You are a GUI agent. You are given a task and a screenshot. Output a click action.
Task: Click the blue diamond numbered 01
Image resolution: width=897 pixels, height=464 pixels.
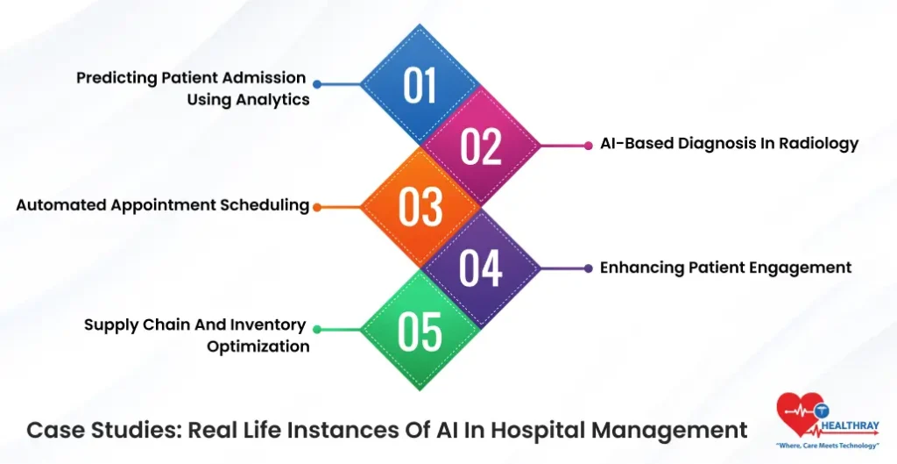pyautogui.click(x=420, y=85)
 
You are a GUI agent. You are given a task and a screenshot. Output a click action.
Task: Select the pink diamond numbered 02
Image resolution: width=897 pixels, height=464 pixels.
pyautogui.click(x=481, y=146)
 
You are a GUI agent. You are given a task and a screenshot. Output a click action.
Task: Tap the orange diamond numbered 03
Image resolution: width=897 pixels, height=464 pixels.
pyautogui.click(x=420, y=207)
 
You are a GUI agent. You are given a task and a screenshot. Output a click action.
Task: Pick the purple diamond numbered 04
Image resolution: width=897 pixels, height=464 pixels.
pyautogui.click(x=481, y=268)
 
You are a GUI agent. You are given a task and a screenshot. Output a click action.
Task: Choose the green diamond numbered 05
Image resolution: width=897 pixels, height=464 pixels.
pyautogui.click(x=420, y=330)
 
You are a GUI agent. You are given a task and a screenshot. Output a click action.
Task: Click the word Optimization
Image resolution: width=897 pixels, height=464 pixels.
pyautogui.click(x=258, y=346)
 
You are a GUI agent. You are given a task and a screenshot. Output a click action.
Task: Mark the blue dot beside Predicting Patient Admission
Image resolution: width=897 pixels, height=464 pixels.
pyautogui.click(x=317, y=85)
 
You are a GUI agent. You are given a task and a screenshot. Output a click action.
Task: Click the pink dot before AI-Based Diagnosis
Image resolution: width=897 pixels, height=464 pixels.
pyautogui.click(x=588, y=146)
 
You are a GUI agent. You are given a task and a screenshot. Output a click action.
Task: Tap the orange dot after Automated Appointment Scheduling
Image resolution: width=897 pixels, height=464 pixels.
pyautogui.click(x=317, y=208)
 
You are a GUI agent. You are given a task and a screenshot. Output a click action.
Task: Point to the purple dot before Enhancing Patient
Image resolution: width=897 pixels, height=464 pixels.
pyautogui.click(x=588, y=268)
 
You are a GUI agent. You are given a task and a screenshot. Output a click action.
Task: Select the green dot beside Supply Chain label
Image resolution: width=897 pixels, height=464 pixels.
pyautogui.click(x=317, y=330)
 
